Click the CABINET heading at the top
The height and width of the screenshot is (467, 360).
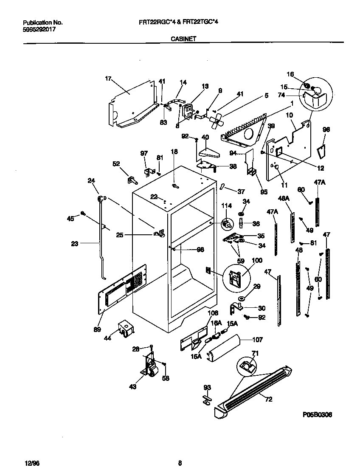[183, 38]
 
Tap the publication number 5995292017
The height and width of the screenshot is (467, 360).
[39, 30]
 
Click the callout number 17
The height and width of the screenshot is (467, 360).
[108, 78]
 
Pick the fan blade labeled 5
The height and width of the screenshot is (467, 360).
[218, 121]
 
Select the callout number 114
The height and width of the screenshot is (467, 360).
[226, 206]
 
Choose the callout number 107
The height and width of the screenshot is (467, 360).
[257, 340]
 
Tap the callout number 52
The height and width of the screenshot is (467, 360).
[116, 164]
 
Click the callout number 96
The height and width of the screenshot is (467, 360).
[326, 129]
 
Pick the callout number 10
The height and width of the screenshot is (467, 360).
[289, 115]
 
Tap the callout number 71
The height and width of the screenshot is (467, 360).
[255, 353]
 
